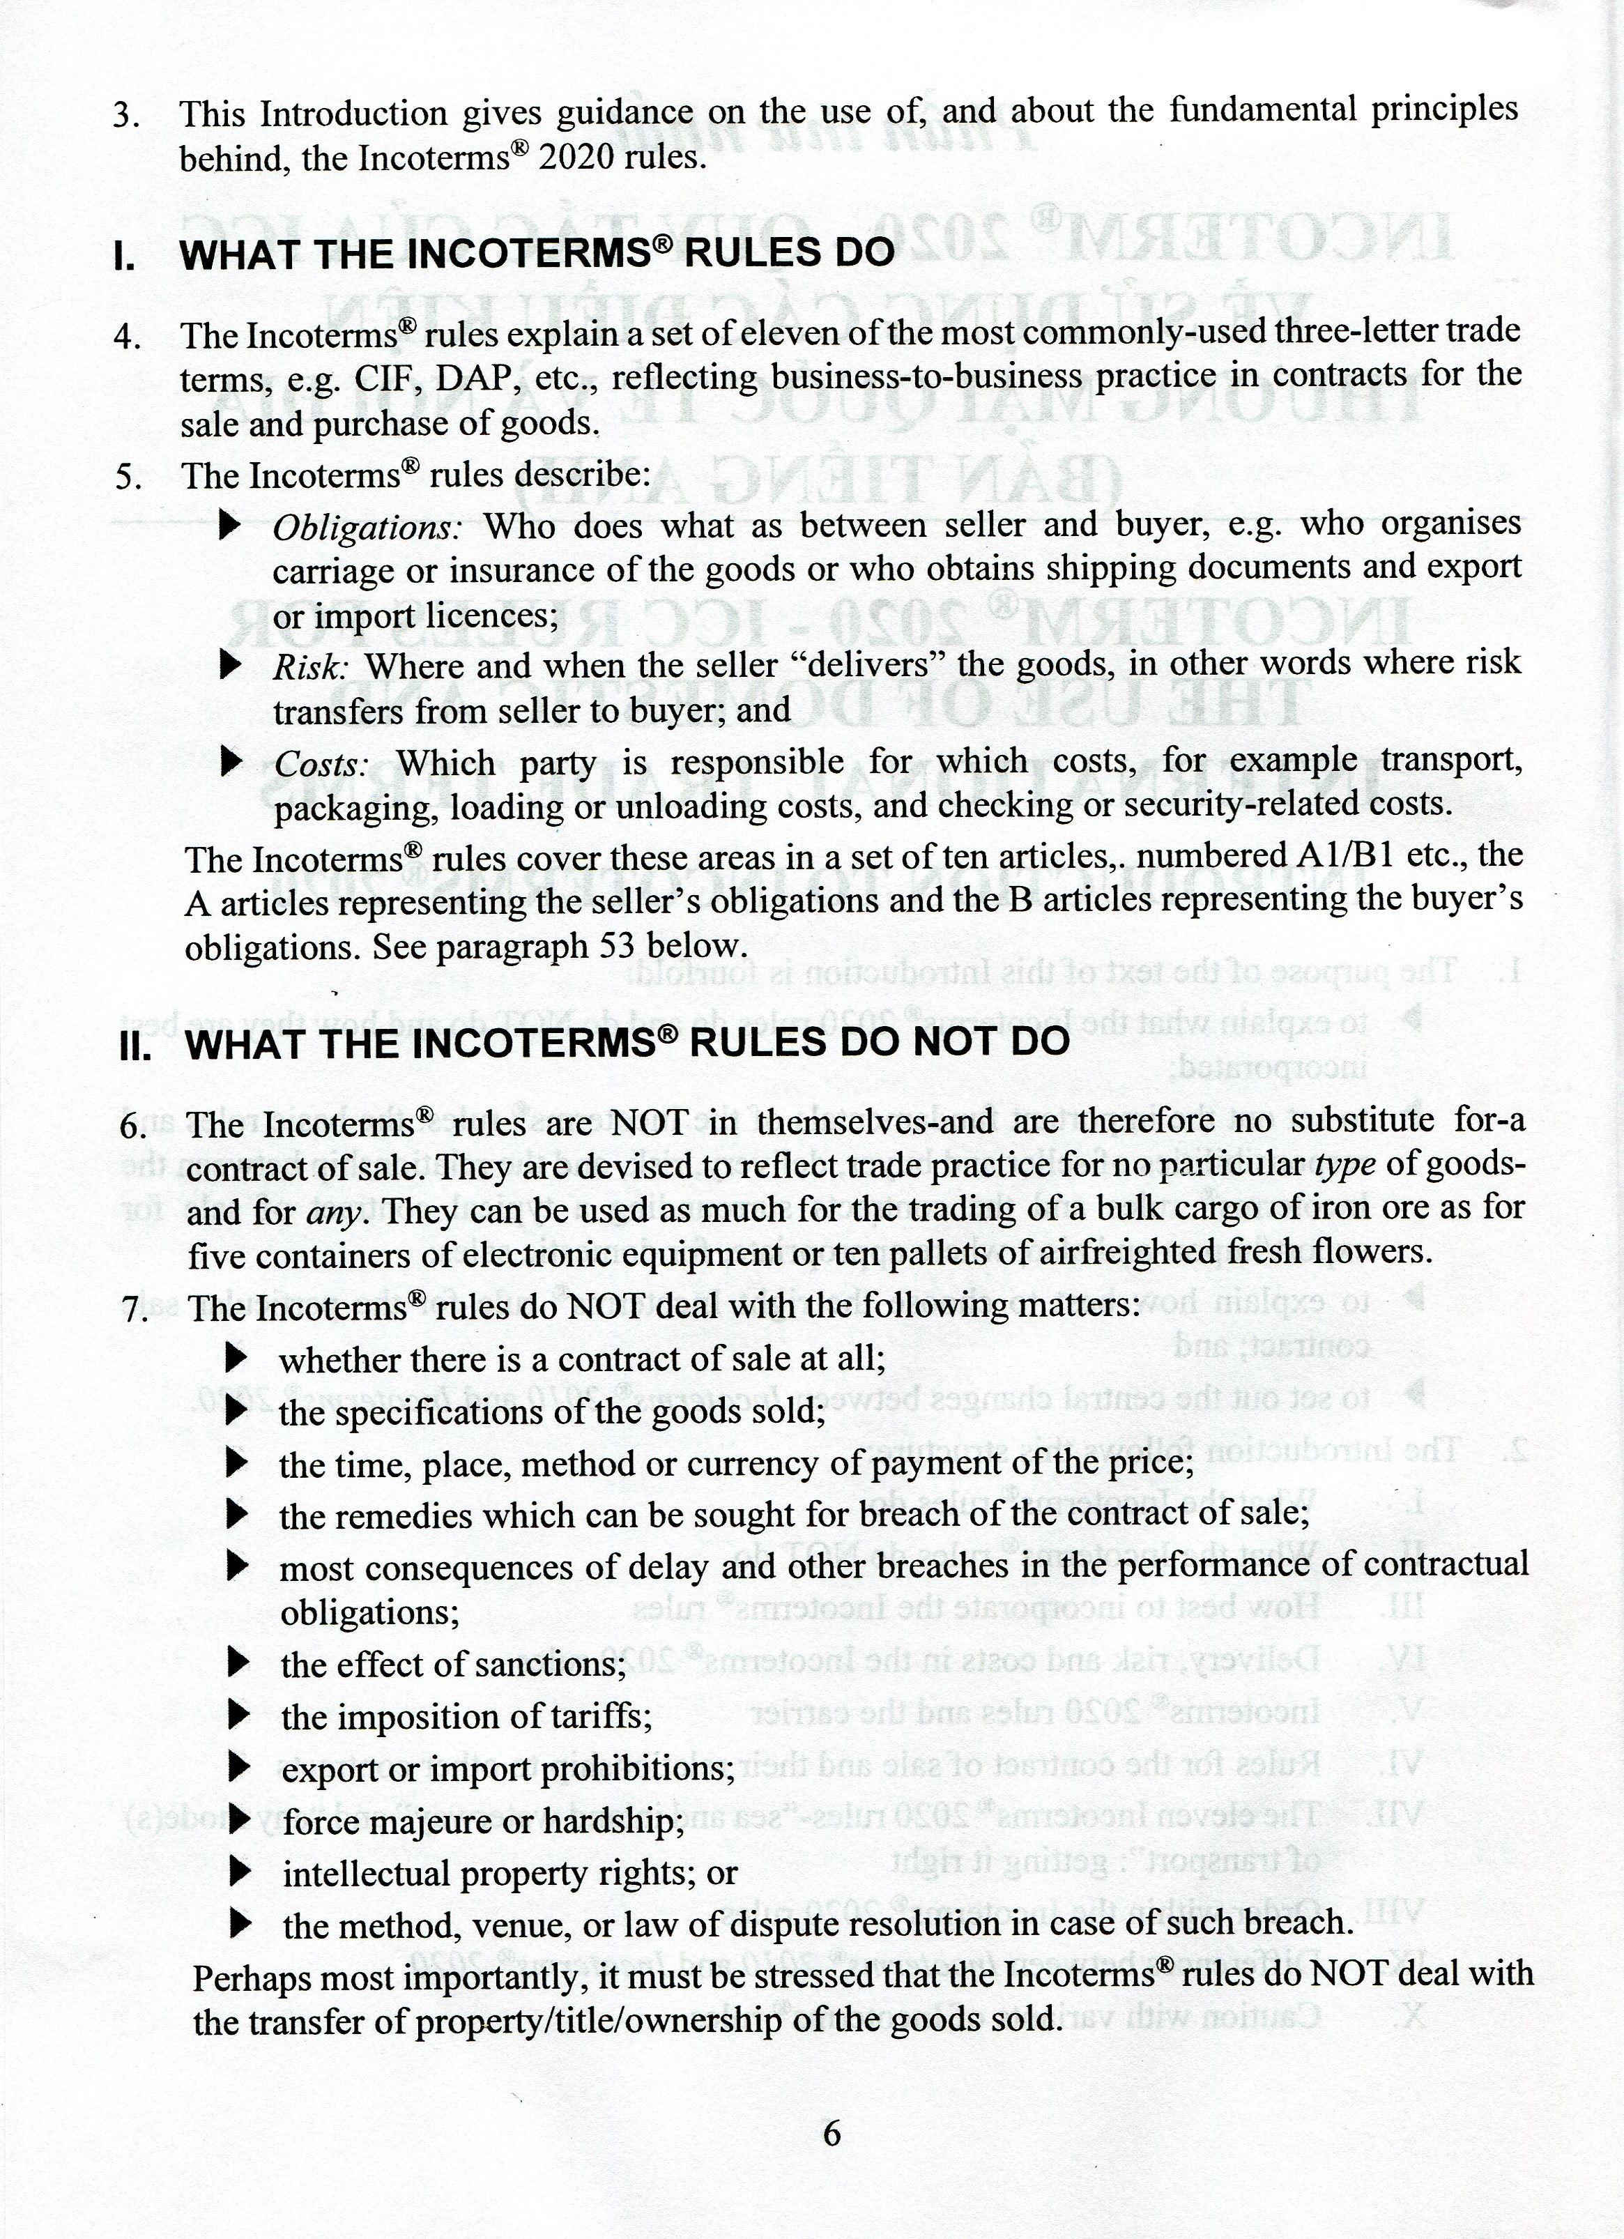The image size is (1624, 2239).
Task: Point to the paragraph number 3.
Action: tap(125, 116)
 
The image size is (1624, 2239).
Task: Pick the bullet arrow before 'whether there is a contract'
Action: tap(235, 1359)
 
